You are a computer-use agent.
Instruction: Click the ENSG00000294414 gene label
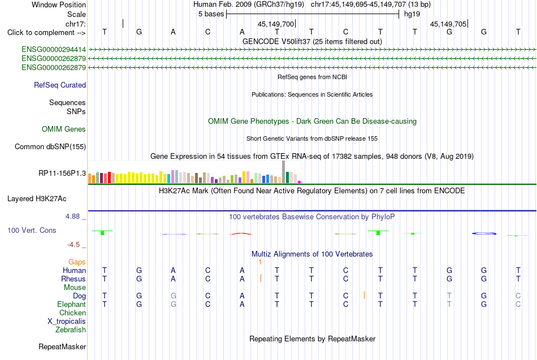pyautogui.click(x=54, y=50)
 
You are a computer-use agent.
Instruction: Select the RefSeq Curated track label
pyautogui.click(x=60, y=85)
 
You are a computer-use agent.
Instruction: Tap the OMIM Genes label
pyautogui.click(x=64, y=129)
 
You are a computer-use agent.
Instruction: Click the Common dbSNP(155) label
pyautogui.click(x=50, y=146)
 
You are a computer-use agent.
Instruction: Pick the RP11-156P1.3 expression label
pyautogui.click(x=62, y=174)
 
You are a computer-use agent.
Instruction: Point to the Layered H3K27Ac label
pyautogui.click(x=37, y=199)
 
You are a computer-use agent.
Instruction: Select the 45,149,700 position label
pyautogui.click(x=276, y=24)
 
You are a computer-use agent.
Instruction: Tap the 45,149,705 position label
pyautogui.click(x=448, y=24)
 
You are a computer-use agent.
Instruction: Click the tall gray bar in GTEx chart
pyautogui.click(x=284, y=172)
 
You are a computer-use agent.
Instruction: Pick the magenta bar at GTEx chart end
pyautogui.click(x=300, y=182)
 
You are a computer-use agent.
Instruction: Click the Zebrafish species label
pyautogui.click(x=71, y=330)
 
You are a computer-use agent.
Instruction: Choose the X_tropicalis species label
pyautogui.click(x=67, y=322)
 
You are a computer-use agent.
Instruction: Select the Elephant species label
pyautogui.click(x=72, y=304)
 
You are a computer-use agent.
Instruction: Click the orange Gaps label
pyautogui.click(x=77, y=262)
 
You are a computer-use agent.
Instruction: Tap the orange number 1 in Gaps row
pyautogui.click(x=260, y=262)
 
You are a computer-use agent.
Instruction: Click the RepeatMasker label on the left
pyautogui.click(x=62, y=346)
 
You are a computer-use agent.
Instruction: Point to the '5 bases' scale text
pyautogui.click(x=211, y=14)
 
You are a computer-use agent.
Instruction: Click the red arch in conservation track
pyautogui.click(x=241, y=233)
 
